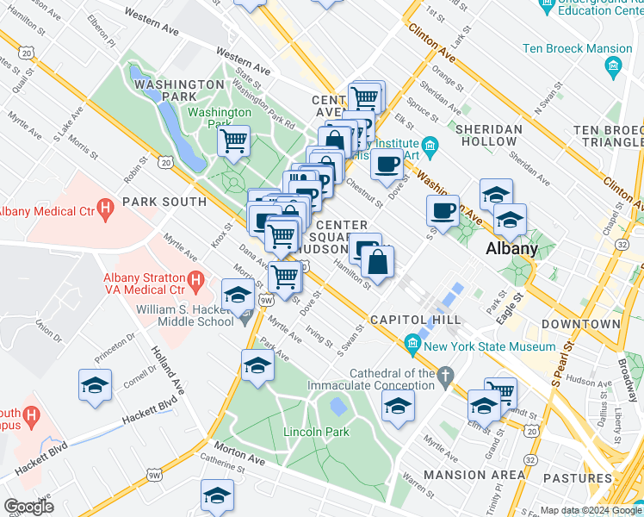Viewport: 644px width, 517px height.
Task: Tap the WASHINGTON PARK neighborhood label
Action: pyautogui.click(x=179, y=91)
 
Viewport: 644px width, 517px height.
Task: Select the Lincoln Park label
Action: pyautogui.click(x=317, y=431)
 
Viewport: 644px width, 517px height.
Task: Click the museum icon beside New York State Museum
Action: pyautogui.click(x=413, y=346)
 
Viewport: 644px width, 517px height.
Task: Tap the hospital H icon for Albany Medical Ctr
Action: pyautogui.click(x=106, y=207)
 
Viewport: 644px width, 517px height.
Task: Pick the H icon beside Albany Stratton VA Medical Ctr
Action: pyautogui.click(x=195, y=279)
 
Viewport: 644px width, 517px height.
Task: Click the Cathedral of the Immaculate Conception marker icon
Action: pyautogui.click(x=444, y=376)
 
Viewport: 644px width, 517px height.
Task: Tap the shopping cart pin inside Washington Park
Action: pyautogui.click(x=233, y=140)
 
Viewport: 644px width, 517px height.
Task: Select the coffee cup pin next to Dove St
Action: pyautogui.click(x=387, y=163)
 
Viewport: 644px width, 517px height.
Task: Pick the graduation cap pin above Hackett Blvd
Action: pyautogui.click(x=95, y=385)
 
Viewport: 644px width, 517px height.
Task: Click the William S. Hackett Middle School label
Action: pyautogui.click(x=196, y=314)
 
